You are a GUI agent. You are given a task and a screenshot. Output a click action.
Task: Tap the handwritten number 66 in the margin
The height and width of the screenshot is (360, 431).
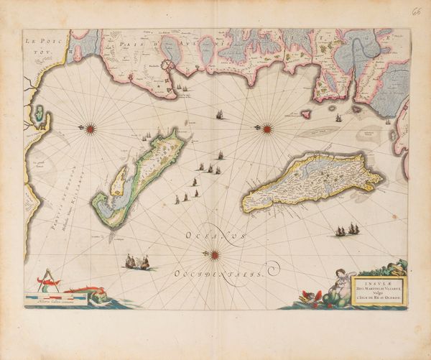417,12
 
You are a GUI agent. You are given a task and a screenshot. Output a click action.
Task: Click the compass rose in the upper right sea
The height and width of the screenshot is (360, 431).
267,129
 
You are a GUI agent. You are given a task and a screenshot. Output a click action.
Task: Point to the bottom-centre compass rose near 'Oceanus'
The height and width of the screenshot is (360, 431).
214,253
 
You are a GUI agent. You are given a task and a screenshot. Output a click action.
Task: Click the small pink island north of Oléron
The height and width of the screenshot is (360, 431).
305,114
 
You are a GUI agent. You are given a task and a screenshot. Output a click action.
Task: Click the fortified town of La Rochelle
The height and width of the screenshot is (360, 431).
169,73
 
